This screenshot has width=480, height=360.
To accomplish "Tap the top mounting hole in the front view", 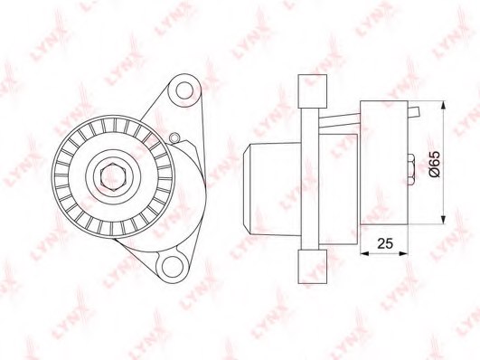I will click(185, 91).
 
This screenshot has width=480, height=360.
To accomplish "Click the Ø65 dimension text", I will click(434, 164).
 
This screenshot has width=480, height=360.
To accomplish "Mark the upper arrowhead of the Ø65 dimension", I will click(444, 105).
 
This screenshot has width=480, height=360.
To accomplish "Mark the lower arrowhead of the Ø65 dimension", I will click(444, 220).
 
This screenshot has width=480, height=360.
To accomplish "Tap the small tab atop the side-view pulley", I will click(414, 112).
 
